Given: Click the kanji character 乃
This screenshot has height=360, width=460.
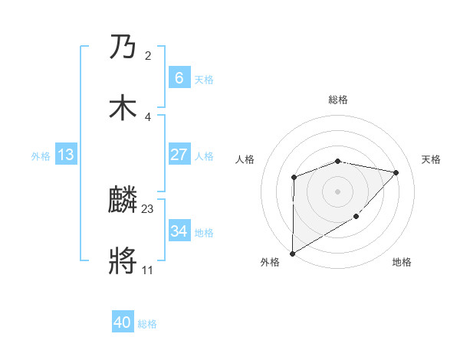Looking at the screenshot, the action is pyautogui.click(x=123, y=49).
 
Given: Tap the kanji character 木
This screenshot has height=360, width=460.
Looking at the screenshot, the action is pyautogui.click(x=123, y=108).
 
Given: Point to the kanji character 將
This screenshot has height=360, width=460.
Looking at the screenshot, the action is pyautogui.click(x=123, y=261).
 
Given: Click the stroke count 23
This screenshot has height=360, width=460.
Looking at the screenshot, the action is pyautogui.click(x=148, y=208).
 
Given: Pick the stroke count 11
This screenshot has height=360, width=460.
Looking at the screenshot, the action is pyautogui.click(x=147, y=270).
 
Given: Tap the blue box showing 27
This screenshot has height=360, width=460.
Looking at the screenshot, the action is pyautogui.click(x=179, y=155).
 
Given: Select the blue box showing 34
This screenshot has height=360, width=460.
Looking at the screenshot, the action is pyautogui.click(x=179, y=231).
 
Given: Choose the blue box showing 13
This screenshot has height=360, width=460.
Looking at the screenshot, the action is pyautogui.click(x=66, y=155).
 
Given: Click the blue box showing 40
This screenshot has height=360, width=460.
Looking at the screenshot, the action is pyautogui.click(x=123, y=322).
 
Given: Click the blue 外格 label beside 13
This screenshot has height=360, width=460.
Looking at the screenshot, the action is pyautogui.click(x=41, y=155).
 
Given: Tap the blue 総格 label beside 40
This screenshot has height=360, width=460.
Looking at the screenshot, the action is pyautogui.click(x=147, y=324).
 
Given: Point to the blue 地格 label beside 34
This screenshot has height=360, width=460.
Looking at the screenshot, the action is pyautogui.click(x=204, y=232).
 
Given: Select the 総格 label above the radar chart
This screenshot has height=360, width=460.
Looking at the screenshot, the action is pyautogui.click(x=338, y=100).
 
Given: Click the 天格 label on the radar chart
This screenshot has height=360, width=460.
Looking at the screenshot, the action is pyautogui.click(x=431, y=159).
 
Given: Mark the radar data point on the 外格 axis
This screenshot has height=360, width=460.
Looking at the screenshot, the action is pyautogui.click(x=292, y=253).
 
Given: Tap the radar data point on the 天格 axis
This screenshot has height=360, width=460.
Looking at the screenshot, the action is pyautogui.click(x=396, y=172).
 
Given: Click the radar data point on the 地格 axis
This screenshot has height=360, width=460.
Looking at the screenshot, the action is pyautogui.click(x=356, y=218).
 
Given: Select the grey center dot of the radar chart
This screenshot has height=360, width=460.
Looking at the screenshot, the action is pyautogui.click(x=337, y=191).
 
